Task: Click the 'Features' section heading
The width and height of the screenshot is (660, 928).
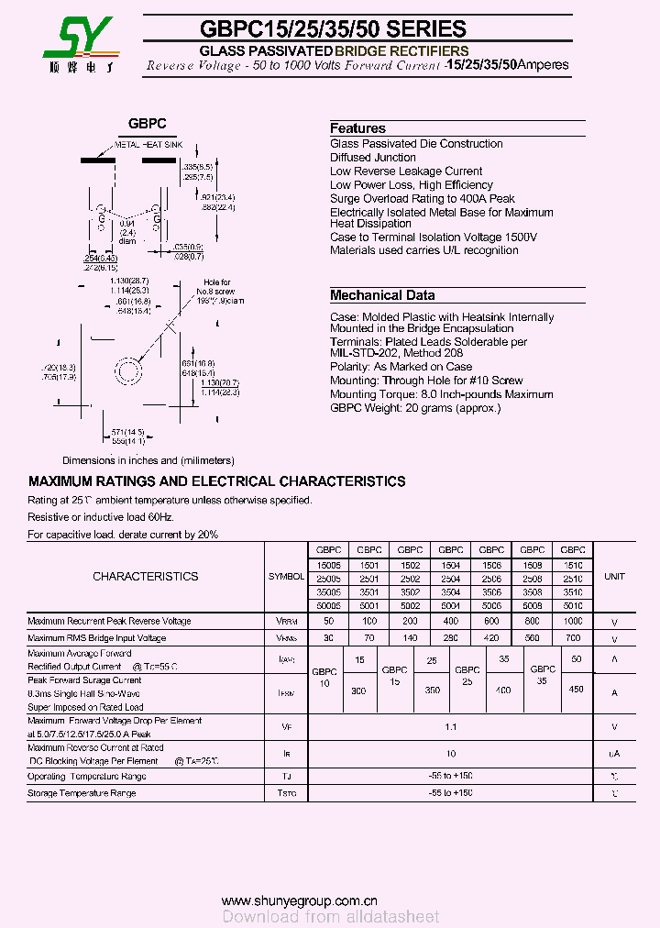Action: [x=357, y=128]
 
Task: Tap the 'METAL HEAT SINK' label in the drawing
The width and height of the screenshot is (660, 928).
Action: [x=148, y=145]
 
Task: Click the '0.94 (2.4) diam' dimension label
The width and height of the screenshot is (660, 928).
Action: [x=126, y=232]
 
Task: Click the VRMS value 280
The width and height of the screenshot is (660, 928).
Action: [x=450, y=637]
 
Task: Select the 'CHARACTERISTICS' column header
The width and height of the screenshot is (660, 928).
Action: [x=145, y=577]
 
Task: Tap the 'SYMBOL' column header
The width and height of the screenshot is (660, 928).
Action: [x=286, y=577]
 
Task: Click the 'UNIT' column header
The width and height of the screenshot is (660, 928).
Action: [x=614, y=577]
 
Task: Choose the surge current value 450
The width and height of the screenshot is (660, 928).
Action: [x=577, y=690]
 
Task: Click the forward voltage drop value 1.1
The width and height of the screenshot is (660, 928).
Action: [x=450, y=726]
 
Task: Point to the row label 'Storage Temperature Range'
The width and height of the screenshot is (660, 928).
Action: [x=82, y=793]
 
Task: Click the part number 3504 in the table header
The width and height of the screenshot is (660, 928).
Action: [x=450, y=592]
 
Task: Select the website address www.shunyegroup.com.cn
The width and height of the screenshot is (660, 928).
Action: [x=299, y=900]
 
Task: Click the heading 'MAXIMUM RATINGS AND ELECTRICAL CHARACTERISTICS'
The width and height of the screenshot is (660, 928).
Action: [x=216, y=481]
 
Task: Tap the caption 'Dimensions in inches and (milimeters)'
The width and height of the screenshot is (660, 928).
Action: [x=148, y=460]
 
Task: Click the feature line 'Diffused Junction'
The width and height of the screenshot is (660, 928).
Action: [x=373, y=158]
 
